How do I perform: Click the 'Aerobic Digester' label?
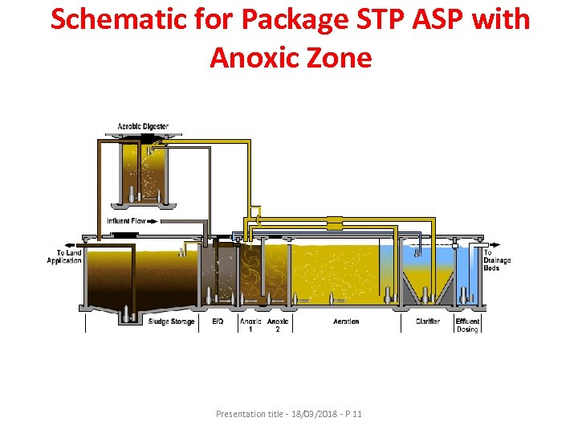(143, 127)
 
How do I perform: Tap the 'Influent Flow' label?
(127, 221)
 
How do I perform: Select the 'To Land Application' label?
(64, 256)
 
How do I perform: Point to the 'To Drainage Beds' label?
(496, 260)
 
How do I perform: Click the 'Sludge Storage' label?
(171, 321)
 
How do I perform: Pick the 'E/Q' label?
(218, 321)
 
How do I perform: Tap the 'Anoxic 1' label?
(250, 325)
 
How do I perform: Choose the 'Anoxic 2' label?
(278, 325)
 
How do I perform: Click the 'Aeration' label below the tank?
(346, 321)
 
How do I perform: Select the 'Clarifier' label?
(427, 321)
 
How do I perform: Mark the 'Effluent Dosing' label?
(467, 325)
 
